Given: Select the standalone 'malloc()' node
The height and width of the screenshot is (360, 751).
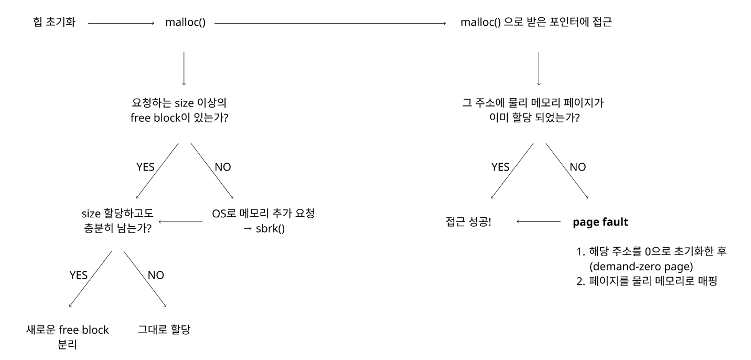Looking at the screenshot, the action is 185,23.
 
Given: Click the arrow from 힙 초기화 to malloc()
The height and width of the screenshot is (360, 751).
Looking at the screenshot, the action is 121,24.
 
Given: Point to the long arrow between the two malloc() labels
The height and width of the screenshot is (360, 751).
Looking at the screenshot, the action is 330,24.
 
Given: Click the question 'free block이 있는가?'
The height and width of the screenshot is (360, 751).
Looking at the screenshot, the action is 183,118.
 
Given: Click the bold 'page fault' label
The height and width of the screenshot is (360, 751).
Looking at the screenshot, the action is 600,222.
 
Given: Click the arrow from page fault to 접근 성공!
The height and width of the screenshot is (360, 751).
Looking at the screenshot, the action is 538,222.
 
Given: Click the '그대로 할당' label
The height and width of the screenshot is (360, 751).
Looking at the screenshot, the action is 164,330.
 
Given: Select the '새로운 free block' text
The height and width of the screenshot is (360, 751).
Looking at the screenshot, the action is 68,330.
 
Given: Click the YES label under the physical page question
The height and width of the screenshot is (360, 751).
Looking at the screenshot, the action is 500,167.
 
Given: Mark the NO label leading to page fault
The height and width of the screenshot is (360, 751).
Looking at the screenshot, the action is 577,167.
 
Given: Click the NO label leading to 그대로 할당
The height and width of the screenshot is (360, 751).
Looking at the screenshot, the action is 155,275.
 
